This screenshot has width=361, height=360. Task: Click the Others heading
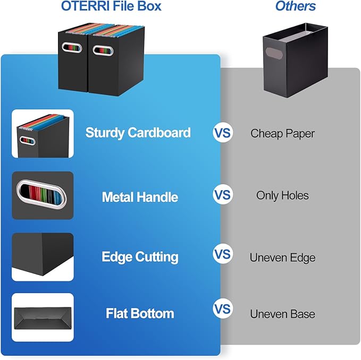[x=295, y=7]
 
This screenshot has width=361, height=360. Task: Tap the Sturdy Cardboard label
[x=138, y=133]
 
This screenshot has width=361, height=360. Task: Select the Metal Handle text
[x=140, y=197]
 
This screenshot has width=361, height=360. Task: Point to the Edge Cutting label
[x=140, y=257]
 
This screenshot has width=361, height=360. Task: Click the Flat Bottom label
[x=140, y=313]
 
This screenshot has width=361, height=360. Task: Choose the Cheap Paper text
[x=282, y=133]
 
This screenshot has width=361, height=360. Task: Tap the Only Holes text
[x=282, y=195]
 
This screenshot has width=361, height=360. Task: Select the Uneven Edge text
[x=282, y=258]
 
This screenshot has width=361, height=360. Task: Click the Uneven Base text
[x=282, y=314]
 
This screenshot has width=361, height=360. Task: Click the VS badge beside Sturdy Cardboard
[x=223, y=132]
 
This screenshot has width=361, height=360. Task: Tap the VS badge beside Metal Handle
[x=223, y=195]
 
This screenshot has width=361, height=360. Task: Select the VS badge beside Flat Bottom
[x=223, y=309]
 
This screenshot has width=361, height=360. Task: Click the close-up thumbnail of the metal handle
[x=43, y=195]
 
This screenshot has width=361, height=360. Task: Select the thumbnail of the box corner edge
[x=43, y=256]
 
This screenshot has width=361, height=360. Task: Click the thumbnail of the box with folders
[x=43, y=133]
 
